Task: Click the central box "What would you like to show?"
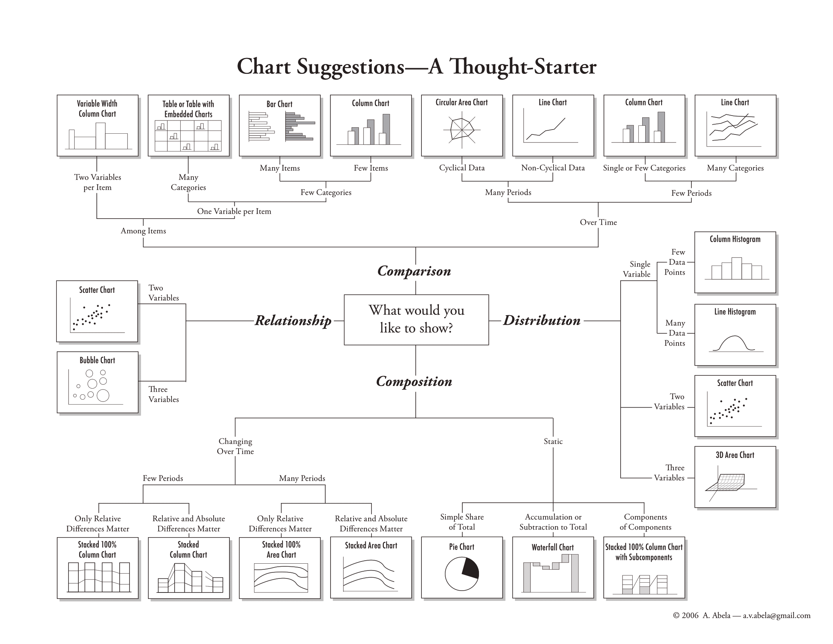click(x=416, y=319)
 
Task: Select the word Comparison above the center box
click(x=414, y=271)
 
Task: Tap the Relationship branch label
click(x=293, y=320)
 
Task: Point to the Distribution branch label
click(x=541, y=320)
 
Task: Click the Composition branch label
click(x=414, y=381)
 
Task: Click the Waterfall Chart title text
click(x=553, y=547)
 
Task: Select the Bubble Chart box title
click(x=97, y=360)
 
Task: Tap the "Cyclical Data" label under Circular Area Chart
click(x=462, y=168)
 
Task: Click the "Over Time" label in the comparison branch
click(x=598, y=222)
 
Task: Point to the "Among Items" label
click(x=144, y=231)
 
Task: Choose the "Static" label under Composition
click(x=553, y=441)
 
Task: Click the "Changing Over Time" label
click(x=236, y=446)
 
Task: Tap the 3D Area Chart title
click(x=735, y=455)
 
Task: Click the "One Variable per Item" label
click(x=234, y=211)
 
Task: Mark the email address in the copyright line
click(x=777, y=615)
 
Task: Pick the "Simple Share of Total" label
click(x=462, y=522)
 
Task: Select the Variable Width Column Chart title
click(x=97, y=109)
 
